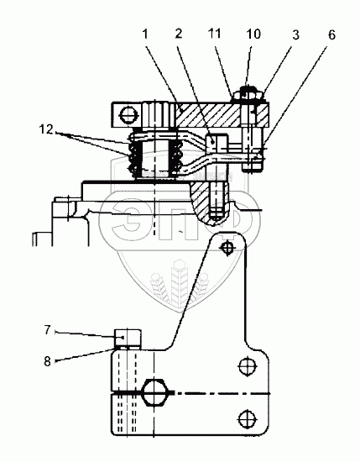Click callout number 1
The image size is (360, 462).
coord(145,34)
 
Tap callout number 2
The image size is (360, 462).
coord(179,34)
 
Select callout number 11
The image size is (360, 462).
coord(214,34)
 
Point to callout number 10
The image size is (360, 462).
coord(253,34)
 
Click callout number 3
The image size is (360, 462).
coord(295,34)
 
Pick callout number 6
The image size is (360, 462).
coord(331,35)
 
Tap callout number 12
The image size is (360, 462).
coord(46,129)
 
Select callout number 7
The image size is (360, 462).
coord(48,330)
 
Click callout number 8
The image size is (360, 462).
coord(47,361)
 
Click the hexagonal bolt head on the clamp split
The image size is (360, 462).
coord(155,392)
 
